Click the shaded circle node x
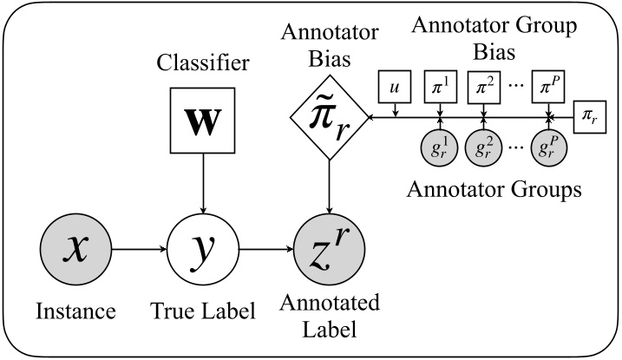(75, 251)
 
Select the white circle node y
(202, 251)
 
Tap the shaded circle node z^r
(331, 251)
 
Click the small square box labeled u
(395, 88)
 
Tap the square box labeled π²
(485, 88)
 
